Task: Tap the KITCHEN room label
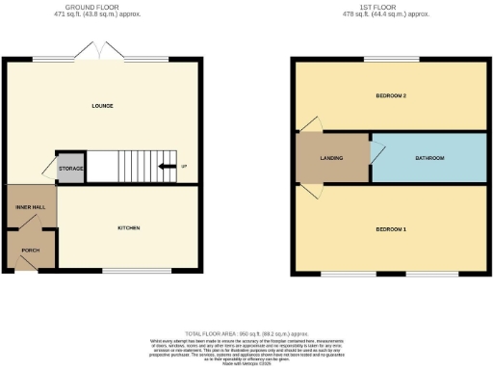(129, 228)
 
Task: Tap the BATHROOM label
(429, 157)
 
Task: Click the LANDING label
(331, 157)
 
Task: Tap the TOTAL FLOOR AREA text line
(246, 330)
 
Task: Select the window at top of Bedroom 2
(391, 59)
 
